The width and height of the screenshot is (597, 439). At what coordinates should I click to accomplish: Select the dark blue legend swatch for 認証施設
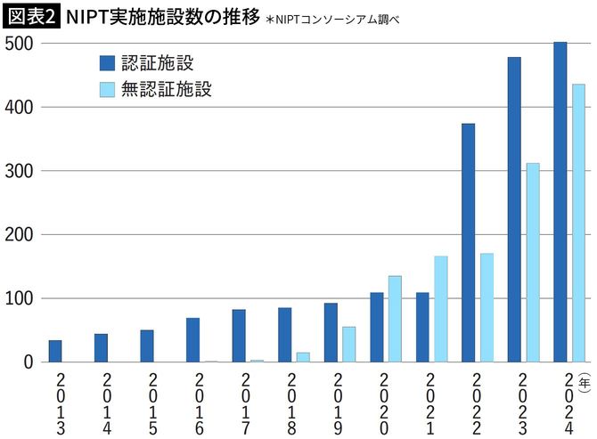[107, 62]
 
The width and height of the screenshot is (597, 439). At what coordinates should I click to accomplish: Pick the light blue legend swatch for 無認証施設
[107, 89]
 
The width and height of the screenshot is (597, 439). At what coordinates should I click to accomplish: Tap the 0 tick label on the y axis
[28, 362]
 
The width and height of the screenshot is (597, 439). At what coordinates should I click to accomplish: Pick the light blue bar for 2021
[441, 309]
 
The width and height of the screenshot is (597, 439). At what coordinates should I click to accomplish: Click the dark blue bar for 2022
[468, 243]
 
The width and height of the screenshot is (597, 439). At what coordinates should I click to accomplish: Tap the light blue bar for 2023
[533, 263]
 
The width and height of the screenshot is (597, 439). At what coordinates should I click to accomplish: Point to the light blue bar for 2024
[578, 223]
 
